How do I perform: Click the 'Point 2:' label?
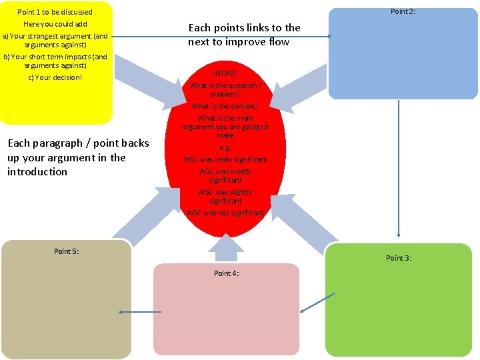click(x=403, y=11)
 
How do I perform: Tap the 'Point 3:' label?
click(x=399, y=258)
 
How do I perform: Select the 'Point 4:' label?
click(x=227, y=273)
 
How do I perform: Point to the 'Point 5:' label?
click(x=67, y=251)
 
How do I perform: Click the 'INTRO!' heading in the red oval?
click(x=225, y=73)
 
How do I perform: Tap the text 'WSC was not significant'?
click(x=225, y=213)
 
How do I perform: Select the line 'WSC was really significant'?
click(x=225, y=159)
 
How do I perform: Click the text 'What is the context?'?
click(x=225, y=106)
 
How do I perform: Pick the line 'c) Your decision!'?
click(x=55, y=77)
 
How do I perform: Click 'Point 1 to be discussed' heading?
click(x=55, y=12)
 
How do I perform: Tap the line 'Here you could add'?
click(x=55, y=24)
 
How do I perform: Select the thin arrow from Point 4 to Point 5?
click(x=140, y=312)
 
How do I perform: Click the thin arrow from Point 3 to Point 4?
click(x=317, y=303)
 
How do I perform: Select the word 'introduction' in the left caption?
click(x=37, y=172)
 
